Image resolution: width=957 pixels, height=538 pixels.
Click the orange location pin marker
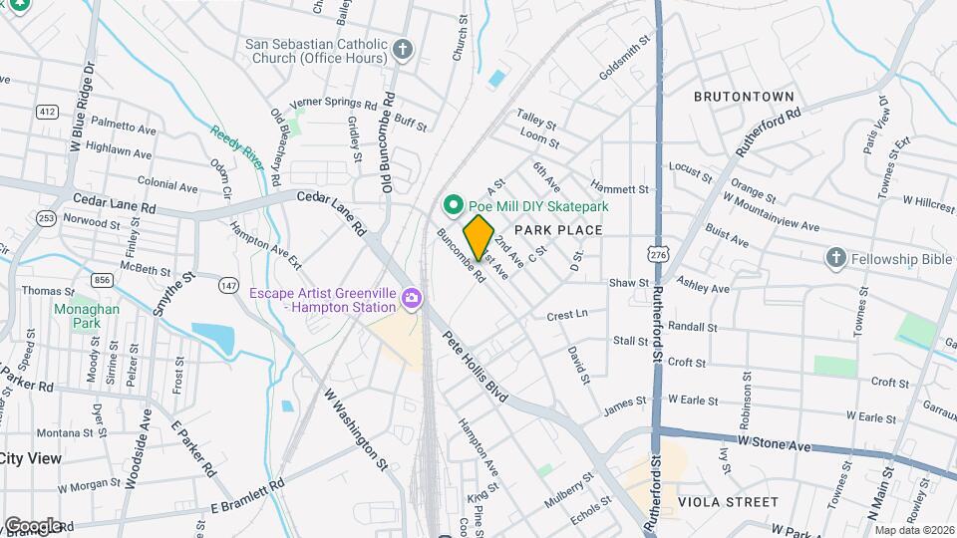click(478, 237)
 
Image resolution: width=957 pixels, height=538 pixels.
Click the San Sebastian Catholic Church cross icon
click(403, 50)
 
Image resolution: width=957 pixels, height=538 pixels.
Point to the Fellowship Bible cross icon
click(836, 259)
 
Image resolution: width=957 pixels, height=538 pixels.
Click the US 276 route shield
click(656, 255)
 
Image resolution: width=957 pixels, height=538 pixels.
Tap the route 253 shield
click(46, 218)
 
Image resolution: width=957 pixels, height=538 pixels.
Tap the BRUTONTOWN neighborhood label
click(744, 97)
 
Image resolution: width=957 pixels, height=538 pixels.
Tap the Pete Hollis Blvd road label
click(476, 367)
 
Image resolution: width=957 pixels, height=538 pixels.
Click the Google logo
click(33, 525)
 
